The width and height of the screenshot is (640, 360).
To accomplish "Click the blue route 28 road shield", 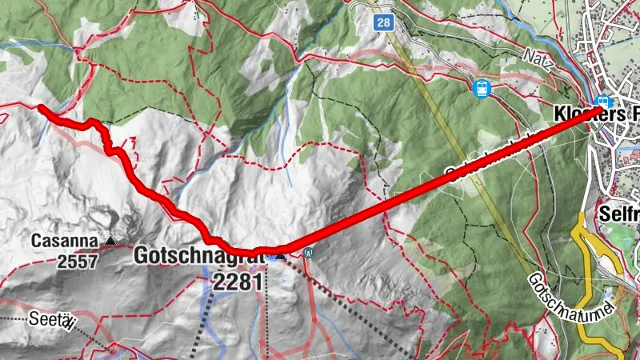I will [x=384, y=23].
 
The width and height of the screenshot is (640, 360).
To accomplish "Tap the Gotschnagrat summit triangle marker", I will [x=279, y=254].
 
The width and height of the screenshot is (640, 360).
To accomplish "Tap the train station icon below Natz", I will [x=482, y=89].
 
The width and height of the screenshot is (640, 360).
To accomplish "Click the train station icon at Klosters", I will [x=604, y=103].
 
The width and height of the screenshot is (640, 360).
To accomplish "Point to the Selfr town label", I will [x=618, y=214].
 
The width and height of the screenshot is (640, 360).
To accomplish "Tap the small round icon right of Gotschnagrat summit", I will [x=310, y=254].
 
